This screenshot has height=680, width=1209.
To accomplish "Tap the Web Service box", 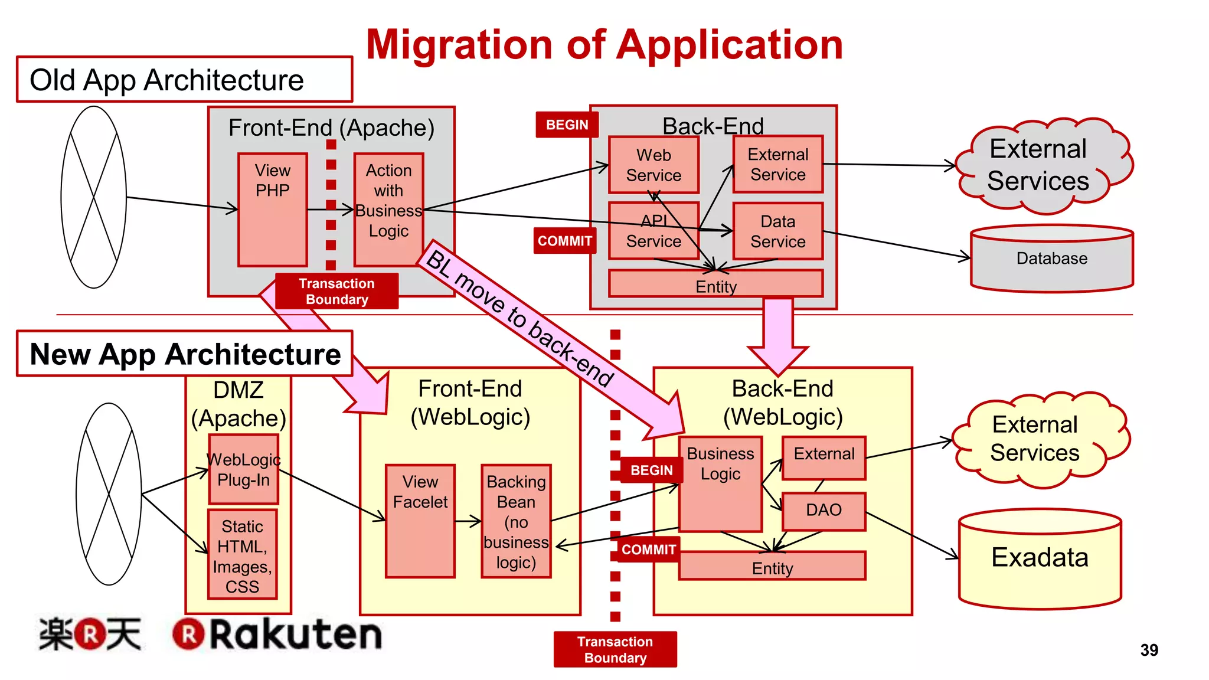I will point(653,165).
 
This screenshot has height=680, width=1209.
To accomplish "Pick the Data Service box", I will point(777,231).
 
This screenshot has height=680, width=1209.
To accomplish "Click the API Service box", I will point(653,231).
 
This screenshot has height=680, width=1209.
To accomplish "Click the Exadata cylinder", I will point(1040,558).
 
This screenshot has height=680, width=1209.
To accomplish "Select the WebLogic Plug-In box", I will point(243,469).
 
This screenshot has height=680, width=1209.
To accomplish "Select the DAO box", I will point(824,511).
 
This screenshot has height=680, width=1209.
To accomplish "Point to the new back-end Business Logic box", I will point(720,484).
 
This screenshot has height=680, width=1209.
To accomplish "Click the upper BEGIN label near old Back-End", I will point(567,125).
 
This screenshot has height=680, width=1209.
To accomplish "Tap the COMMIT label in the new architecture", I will point(648,550).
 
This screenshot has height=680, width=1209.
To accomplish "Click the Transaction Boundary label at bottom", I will point(615,649).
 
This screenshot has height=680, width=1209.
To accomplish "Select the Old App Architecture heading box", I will point(184,80).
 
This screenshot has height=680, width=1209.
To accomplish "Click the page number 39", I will point(1149,650).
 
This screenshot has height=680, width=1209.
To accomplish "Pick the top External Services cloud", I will point(1042,165).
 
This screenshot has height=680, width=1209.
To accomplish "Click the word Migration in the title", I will point(459,45).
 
